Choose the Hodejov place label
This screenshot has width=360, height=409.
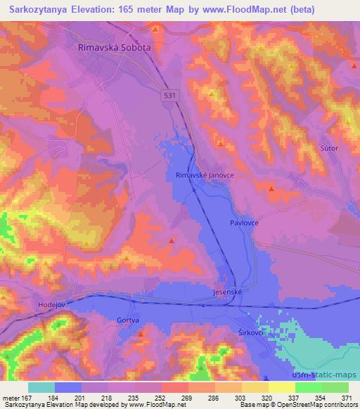pyautogui.click(x=51, y=306)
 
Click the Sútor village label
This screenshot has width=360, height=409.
pyautogui.click(x=329, y=148)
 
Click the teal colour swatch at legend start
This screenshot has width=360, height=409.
pyautogui.click(x=41, y=387)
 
